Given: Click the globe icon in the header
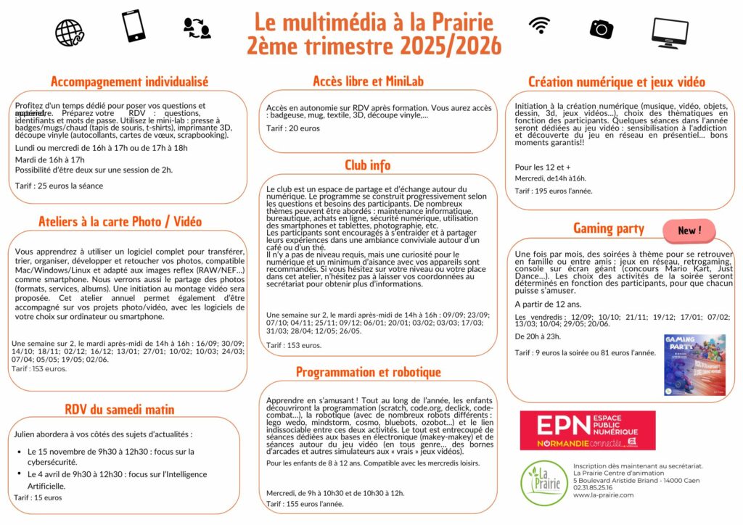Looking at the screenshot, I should click(70, 32).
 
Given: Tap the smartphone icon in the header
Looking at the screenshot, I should click(134, 26).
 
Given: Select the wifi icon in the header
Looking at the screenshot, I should click(539, 25).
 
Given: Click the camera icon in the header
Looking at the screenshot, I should click(601, 28).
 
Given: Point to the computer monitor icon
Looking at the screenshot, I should click(670, 32).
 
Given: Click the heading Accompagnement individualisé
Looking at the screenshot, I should click(130, 81).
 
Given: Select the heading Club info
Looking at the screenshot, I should click(367, 165).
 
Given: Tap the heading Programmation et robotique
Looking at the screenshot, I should click(368, 372).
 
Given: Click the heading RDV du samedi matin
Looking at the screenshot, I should click(120, 410).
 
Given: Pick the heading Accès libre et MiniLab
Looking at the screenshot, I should click(368, 81).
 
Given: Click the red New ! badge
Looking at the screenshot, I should click(689, 231).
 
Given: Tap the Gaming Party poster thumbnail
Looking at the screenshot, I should click(694, 365).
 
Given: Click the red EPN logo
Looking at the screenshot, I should click(587, 431).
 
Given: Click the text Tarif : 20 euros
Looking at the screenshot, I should click(293, 128).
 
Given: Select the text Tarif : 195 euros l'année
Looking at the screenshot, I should click(554, 191).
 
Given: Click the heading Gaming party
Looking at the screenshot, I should click(608, 229).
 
